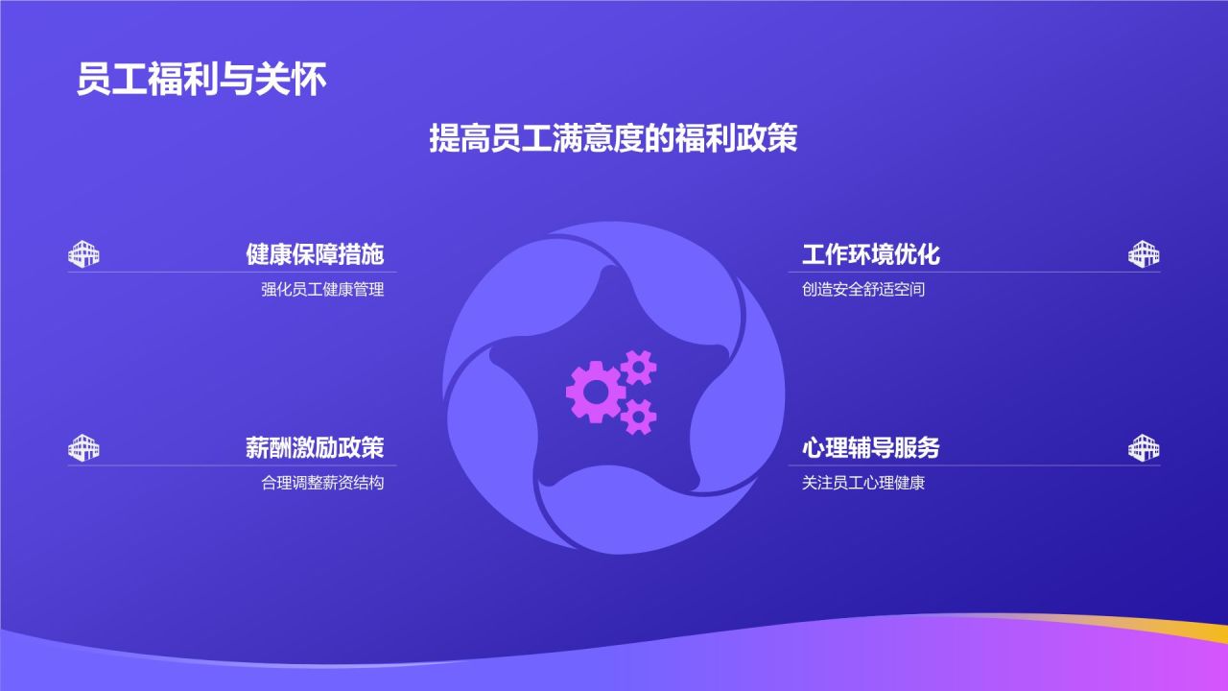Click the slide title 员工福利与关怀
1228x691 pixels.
pyautogui.click(x=201, y=79)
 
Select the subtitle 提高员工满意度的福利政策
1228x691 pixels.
pyautogui.click(x=613, y=138)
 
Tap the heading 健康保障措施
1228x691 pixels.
pyautogui.click(x=315, y=254)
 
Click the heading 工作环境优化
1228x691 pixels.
pyautogui.click(x=870, y=254)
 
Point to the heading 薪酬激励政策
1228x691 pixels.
pyautogui.click(x=315, y=447)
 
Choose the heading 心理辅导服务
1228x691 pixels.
pyautogui.click(x=870, y=447)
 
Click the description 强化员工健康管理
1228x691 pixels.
pyautogui.click(x=322, y=289)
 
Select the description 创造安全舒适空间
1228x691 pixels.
pyautogui.click(x=863, y=289)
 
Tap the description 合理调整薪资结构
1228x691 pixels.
pyautogui.click(x=322, y=483)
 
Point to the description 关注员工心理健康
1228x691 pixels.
pyautogui.click(x=863, y=483)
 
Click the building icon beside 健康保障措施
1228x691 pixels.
pyautogui.click(x=83, y=254)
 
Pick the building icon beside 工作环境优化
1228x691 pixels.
pyautogui.click(x=1144, y=254)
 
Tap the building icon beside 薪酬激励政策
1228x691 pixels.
pyautogui.click(x=83, y=447)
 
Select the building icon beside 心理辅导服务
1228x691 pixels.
pyautogui.click(x=1144, y=447)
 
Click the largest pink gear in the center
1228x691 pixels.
pyautogui.click(x=596, y=392)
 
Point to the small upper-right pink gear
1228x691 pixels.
pyautogui.click(x=639, y=368)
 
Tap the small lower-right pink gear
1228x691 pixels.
pyautogui.click(x=639, y=417)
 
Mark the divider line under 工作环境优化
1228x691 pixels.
pyautogui.click(x=974, y=272)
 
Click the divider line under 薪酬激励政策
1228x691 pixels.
pyautogui.click(x=232, y=465)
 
